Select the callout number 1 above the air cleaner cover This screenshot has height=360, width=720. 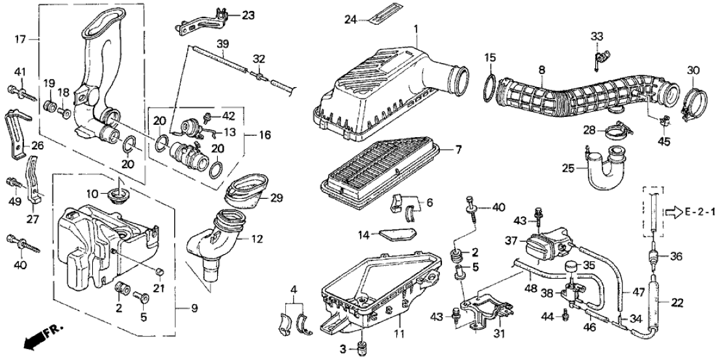(x=417, y=28)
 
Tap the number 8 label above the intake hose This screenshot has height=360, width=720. (x=541, y=69)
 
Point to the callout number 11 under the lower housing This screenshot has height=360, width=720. (x=398, y=335)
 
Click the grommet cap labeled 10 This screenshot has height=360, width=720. (x=118, y=193)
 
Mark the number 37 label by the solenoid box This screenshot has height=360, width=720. (x=511, y=240)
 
